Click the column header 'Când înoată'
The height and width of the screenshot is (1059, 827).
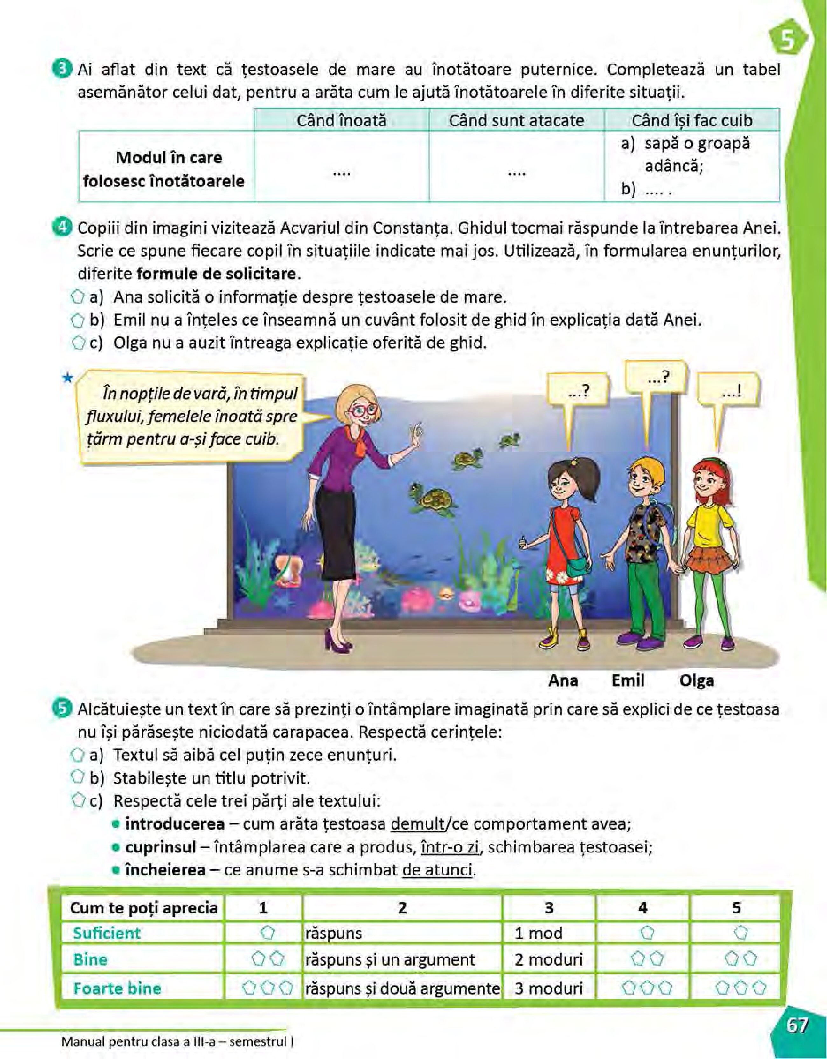(341, 120)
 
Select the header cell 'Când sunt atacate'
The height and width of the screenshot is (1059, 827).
(516, 120)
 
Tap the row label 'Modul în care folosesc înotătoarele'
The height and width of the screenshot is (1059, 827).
(163, 169)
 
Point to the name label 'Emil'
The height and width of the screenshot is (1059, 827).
(628, 680)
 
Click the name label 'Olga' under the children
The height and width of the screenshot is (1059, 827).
(697, 680)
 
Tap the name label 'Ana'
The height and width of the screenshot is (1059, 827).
(563, 680)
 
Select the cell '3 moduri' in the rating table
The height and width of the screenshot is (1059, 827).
(548, 988)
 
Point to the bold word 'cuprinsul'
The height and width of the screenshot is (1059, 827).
(161, 847)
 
